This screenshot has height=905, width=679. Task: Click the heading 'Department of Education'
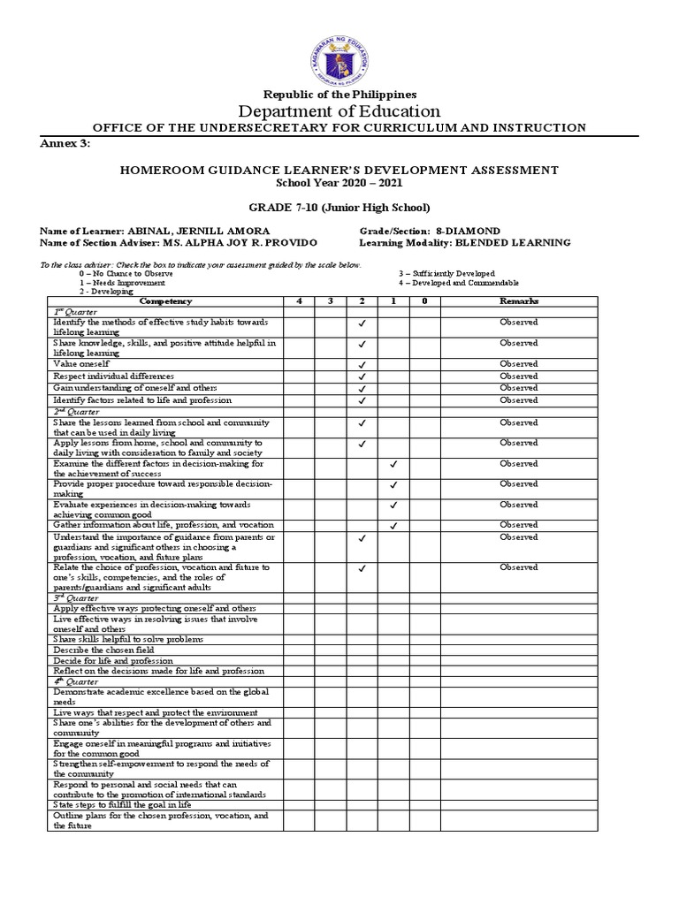[x=339, y=110]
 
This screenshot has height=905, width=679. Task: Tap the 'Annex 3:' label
[x=65, y=143]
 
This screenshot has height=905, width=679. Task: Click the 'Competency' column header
[x=162, y=301]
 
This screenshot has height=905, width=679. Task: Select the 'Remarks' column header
[x=518, y=301]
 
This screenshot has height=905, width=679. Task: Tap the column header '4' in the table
[x=298, y=301]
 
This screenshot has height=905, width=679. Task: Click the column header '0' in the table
[x=424, y=301]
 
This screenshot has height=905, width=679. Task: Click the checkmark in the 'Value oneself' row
[x=362, y=364]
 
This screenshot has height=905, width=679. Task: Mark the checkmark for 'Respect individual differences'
[x=362, y=376]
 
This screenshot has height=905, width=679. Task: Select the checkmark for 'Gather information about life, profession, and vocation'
[x=393, y=526]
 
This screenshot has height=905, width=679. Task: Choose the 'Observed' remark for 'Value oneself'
[x=518, y=364]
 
